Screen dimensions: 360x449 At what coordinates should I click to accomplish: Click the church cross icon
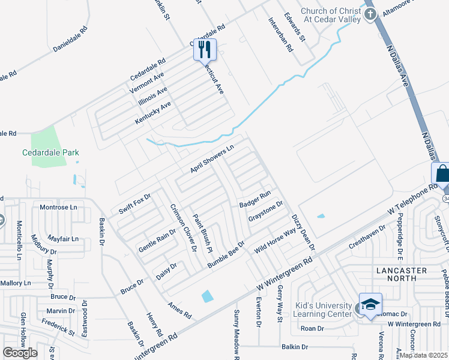click(x=370, y=13)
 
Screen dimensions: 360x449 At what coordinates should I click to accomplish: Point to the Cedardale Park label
click(x=50, y=152)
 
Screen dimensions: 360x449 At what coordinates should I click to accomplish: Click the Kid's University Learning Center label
click(x=323, y=310)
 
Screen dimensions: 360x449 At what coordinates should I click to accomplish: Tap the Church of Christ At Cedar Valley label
click(x=331, y=15)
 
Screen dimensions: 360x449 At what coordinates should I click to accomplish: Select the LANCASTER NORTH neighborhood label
click(x=400, y=274)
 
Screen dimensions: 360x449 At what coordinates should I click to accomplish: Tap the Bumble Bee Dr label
click(x=226, y=254)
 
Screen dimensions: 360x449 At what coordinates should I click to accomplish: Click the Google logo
click(x=20, y=352)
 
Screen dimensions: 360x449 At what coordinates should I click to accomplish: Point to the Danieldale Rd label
click(x=70, y=37)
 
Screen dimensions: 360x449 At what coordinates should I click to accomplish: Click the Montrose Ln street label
click(x=58, y=207)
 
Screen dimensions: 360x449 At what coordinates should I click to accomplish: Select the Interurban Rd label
click(x=280, y=34)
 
